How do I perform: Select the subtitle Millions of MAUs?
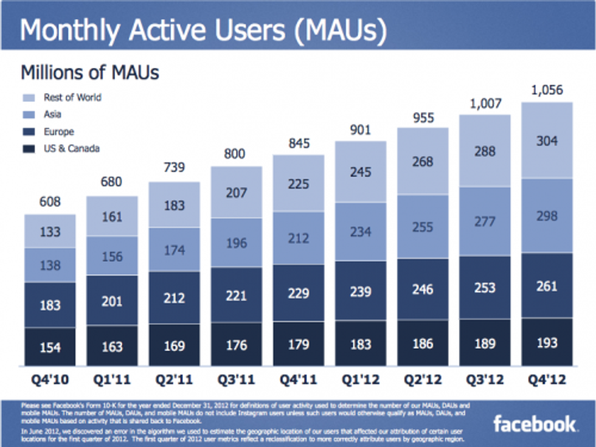click(90, 72)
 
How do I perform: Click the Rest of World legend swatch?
click(29, 97)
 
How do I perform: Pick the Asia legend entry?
click(52, 114)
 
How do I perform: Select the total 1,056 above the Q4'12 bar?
click(547, 90)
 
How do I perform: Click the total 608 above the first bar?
click(50, 202)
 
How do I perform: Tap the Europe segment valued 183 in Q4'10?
click(50, 305)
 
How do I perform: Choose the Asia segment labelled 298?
click(547, 216)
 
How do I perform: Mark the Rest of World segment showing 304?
click(547, 140)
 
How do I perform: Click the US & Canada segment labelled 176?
click(237, 345)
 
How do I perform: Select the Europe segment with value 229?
click(299, 294)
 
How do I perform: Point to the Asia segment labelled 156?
click(112, 257)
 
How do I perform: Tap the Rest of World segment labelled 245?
click(361, 172)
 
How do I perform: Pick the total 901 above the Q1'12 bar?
click(361, 130)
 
